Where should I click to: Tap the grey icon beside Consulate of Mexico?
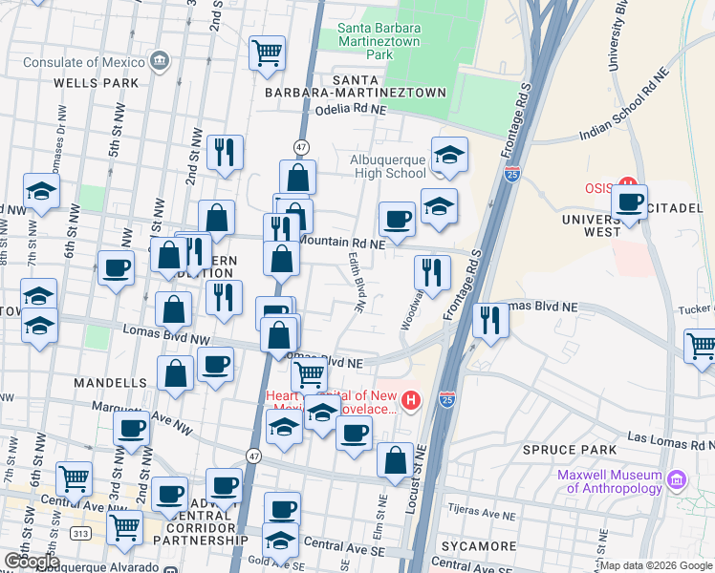[160, 63]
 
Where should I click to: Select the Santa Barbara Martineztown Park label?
[379, 41]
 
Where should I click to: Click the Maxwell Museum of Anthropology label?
[614, 482]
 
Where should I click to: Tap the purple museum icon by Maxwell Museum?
[678, 477]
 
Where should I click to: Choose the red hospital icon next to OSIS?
[628, 183]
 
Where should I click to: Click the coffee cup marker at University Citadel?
[629, 202]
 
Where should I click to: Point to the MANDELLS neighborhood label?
[106, 382]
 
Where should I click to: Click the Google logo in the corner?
[32, 562]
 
